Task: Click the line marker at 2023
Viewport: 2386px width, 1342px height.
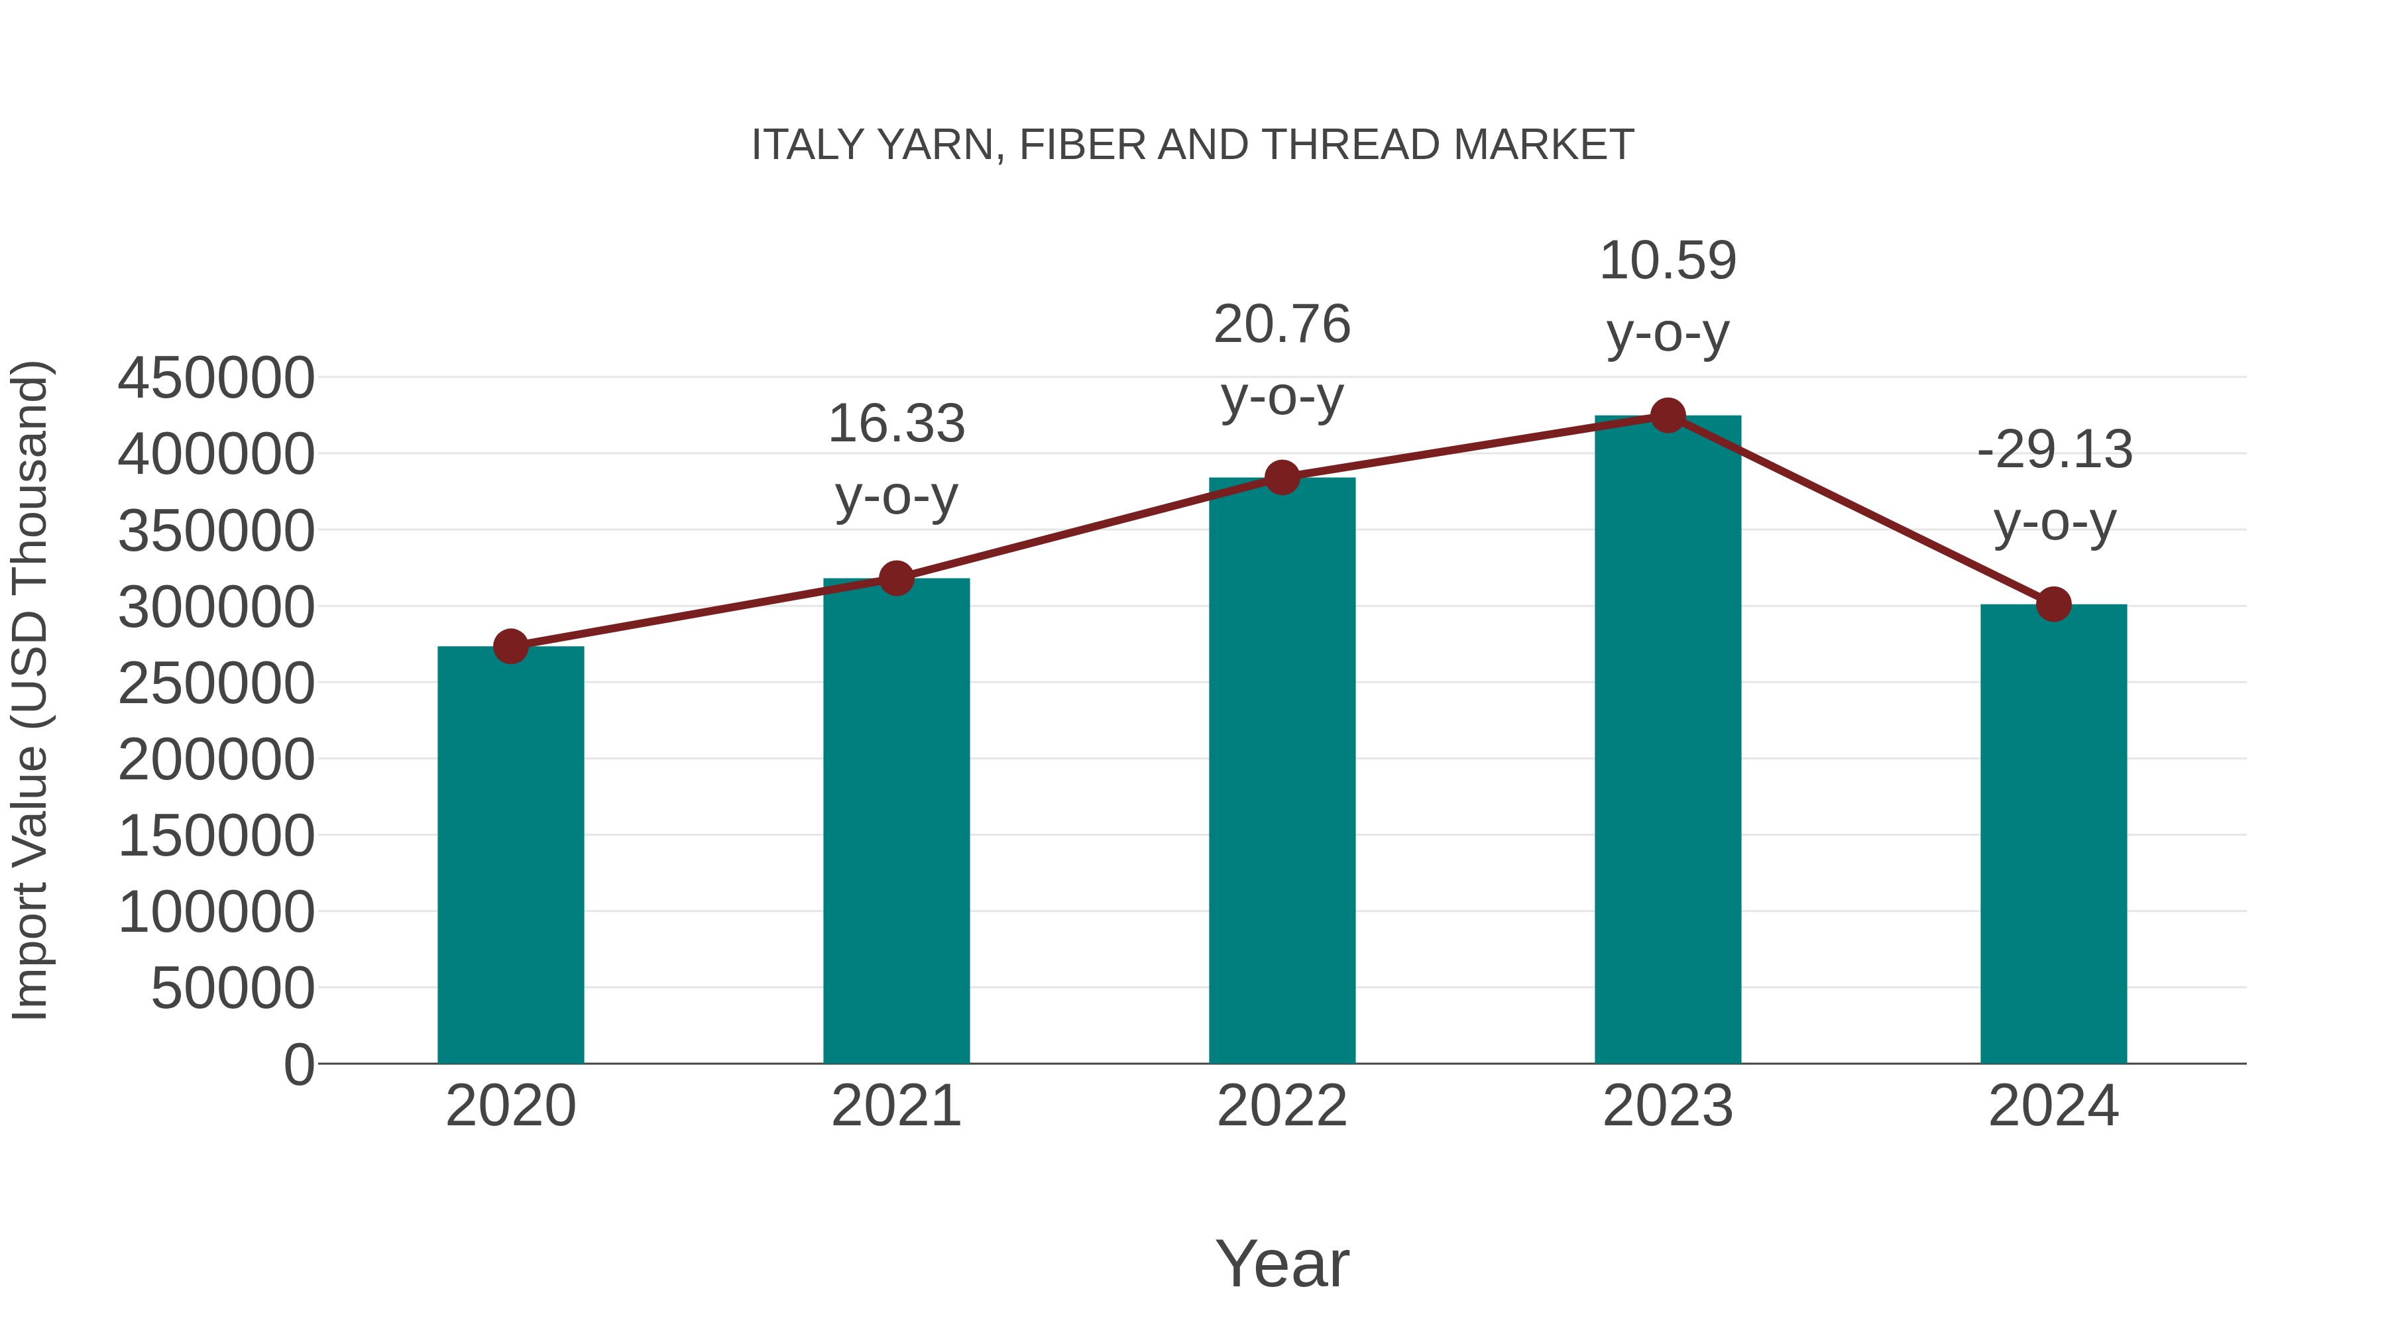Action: [1668, 416]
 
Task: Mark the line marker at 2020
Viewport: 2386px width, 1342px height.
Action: [510, 646]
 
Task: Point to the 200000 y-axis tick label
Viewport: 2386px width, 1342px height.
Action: [216, 759]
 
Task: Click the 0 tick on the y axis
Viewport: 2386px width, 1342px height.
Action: [298, 1064]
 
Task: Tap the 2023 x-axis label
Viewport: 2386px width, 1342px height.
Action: [1668, 1106]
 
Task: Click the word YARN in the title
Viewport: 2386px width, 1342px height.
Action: [935, 145]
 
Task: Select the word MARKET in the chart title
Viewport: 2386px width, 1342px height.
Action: [1543, 145]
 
